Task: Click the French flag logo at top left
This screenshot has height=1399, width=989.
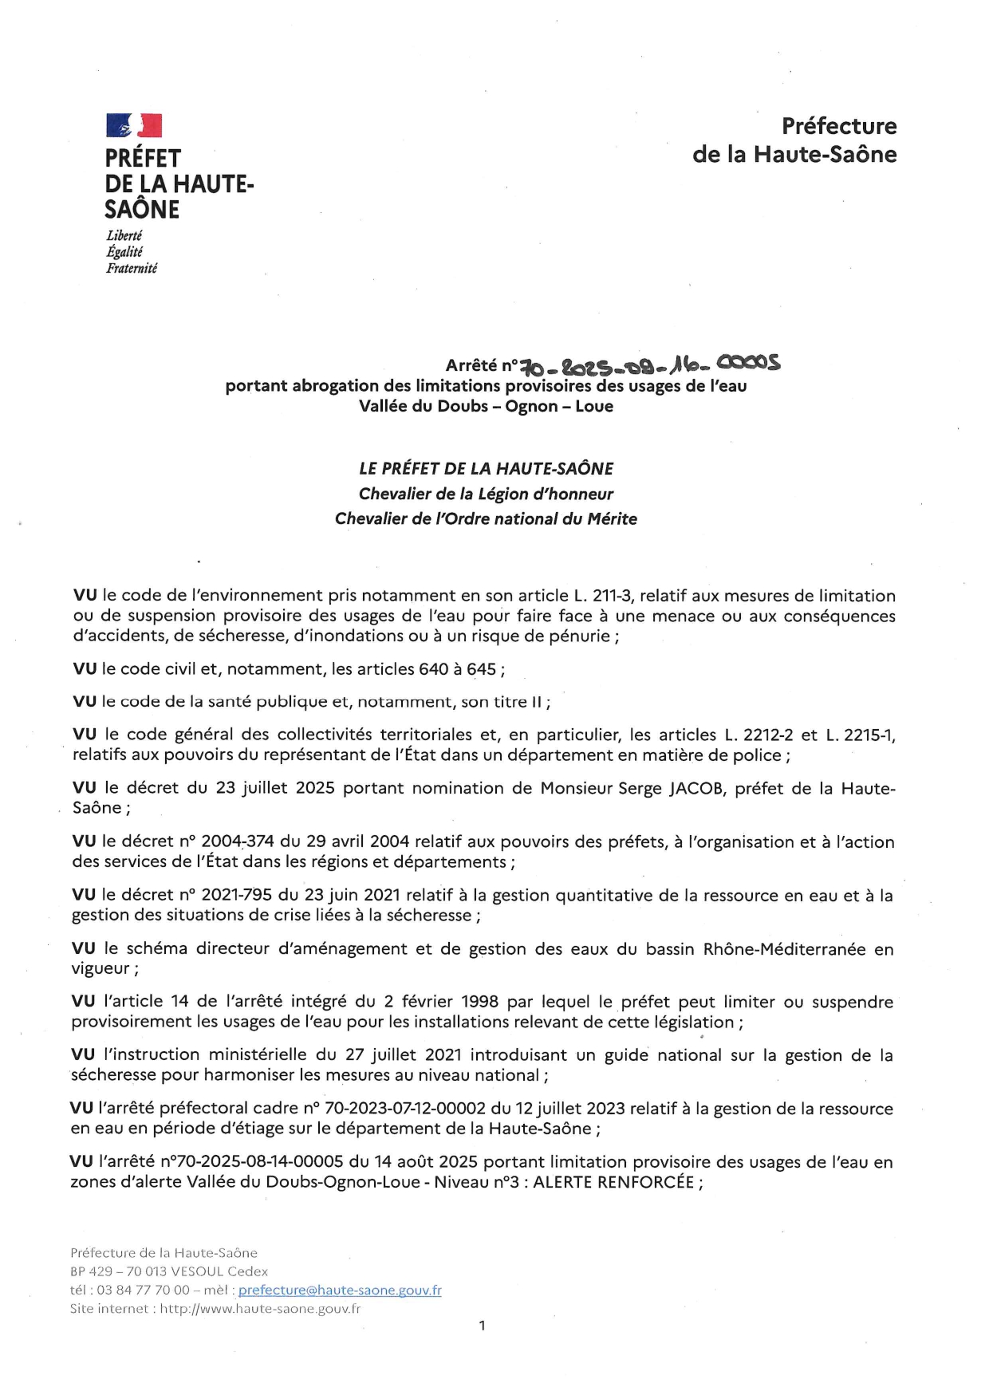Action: [x=134, y=126]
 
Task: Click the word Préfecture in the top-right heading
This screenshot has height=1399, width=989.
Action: [x=838, y=126]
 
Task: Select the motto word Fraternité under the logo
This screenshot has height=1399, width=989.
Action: [x=132, y=269]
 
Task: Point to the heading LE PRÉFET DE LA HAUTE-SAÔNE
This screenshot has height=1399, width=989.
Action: [x=486, y=469]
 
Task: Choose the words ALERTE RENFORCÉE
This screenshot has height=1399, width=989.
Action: [x=613, y=1182]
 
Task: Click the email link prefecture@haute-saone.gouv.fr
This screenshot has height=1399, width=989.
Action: [x=340, y=1290]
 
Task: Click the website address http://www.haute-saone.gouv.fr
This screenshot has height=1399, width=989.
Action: [x=260, y=1308]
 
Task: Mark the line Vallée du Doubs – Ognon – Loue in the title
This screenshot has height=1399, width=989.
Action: [x=486, y=406]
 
